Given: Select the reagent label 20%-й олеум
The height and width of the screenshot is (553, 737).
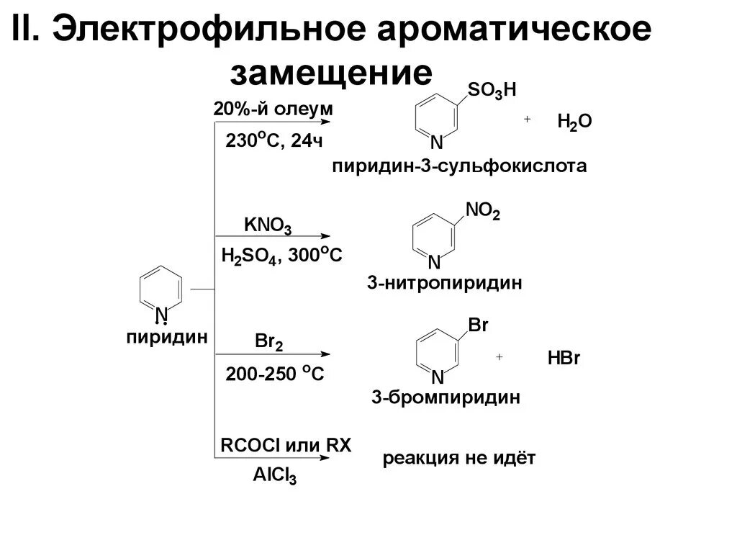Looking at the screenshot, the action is (x=273, y=109).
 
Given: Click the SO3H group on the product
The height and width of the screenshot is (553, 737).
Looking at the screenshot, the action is (x=492, y=90).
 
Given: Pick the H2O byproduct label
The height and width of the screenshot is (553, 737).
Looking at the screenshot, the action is (x=574, y=122).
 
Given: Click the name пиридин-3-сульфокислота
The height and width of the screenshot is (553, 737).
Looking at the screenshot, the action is (x=459, y=167).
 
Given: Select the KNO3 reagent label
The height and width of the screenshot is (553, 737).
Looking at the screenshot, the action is (x=268, y=225).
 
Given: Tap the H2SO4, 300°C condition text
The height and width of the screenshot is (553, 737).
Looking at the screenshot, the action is (x=281, y=256).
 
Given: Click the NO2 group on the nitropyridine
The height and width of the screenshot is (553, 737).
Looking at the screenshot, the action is (x=482, y=210).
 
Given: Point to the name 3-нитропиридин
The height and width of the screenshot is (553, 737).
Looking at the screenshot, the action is (x=444, y=282).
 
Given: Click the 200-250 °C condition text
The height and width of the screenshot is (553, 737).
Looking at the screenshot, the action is (x=275, y=374).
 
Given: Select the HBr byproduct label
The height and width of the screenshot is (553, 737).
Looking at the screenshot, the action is (x=564, y=359).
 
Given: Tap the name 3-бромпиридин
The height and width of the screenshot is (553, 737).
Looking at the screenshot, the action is (x=446, y=397).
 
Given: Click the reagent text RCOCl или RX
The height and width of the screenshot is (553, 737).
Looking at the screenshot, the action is (x=286, y=445).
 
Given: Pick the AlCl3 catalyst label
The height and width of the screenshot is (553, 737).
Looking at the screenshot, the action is (x=275, y=476).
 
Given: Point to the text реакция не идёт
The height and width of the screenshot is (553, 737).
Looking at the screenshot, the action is (x=459, y=459).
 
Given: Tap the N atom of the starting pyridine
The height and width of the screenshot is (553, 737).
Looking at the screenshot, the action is (x=162, y=313).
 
